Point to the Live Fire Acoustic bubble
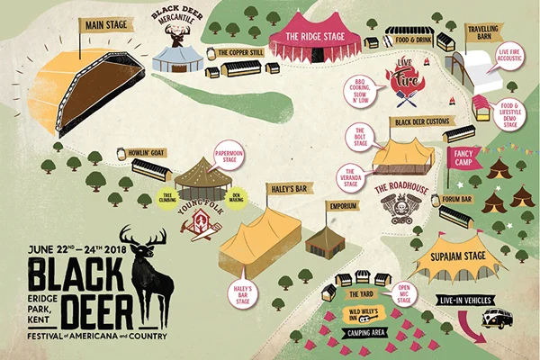point(512,58)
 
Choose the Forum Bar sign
point(457,199)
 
